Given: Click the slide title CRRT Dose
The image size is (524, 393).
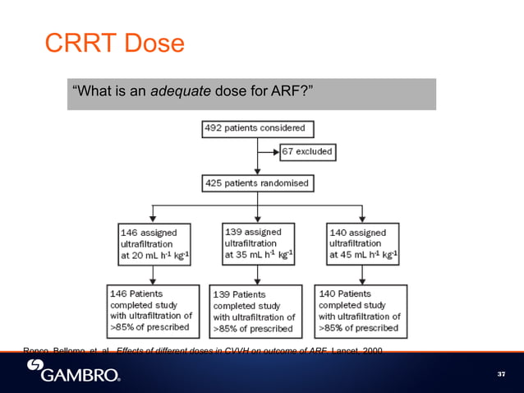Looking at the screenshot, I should pos(114,44).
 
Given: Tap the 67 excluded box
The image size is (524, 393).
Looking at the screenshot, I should pos(306,152).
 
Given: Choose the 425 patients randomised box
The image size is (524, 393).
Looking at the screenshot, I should pos(258,183).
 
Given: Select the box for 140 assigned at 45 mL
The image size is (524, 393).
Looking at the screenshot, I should pos(363,243).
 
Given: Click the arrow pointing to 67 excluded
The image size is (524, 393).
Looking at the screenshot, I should pos(269,152).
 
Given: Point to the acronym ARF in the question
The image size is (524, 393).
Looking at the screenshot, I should pos(288,92).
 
